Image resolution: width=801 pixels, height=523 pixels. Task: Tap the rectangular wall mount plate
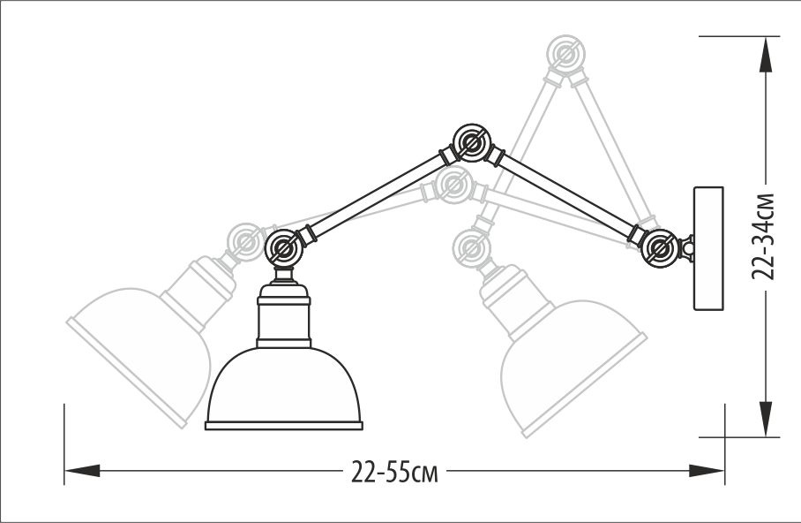click(x=709, y=248)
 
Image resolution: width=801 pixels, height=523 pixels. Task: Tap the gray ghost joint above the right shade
click(x=471, y=245)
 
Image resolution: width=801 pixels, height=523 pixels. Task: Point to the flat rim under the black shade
click(x=284, y=425)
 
